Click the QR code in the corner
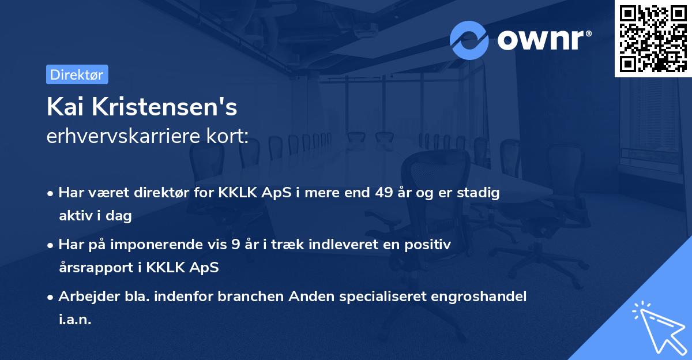tap(653, 38)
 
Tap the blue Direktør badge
tap(77, 74)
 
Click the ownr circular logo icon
tap(469, 40)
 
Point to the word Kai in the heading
tap(64, 107)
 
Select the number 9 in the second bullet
tap(236, 245)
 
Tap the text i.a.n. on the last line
tap(75, 319)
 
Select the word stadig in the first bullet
tap(477, 193)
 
